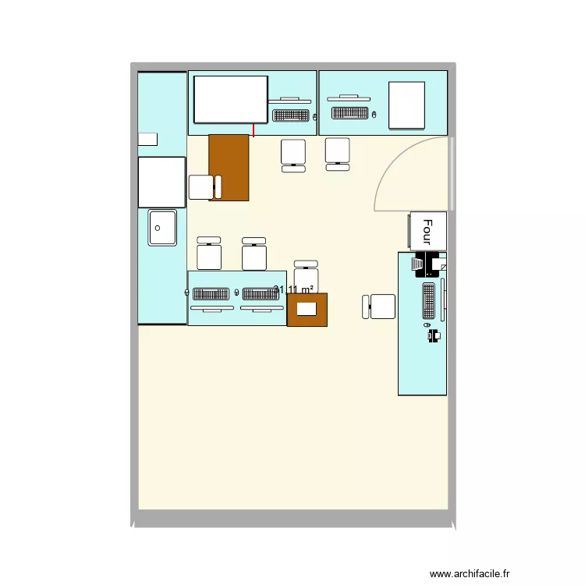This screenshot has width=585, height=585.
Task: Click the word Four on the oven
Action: (427, 231)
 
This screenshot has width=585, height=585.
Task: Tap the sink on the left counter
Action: (162, 228)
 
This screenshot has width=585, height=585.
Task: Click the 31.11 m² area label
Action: (293, 290)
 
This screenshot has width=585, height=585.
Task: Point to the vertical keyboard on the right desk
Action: (429, 301)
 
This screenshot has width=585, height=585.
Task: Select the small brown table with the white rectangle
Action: (307, 309)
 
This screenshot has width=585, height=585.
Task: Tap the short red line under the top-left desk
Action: (253, 129)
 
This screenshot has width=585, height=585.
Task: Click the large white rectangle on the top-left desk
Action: (231, 99)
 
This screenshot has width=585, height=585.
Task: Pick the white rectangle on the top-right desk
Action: (406, 105)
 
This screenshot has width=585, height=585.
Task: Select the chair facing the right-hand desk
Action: (381, 307)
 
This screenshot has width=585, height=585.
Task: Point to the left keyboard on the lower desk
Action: (209, 294)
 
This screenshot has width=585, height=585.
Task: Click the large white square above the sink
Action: (161, 182)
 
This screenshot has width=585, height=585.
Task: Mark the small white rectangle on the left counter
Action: (147, 139)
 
